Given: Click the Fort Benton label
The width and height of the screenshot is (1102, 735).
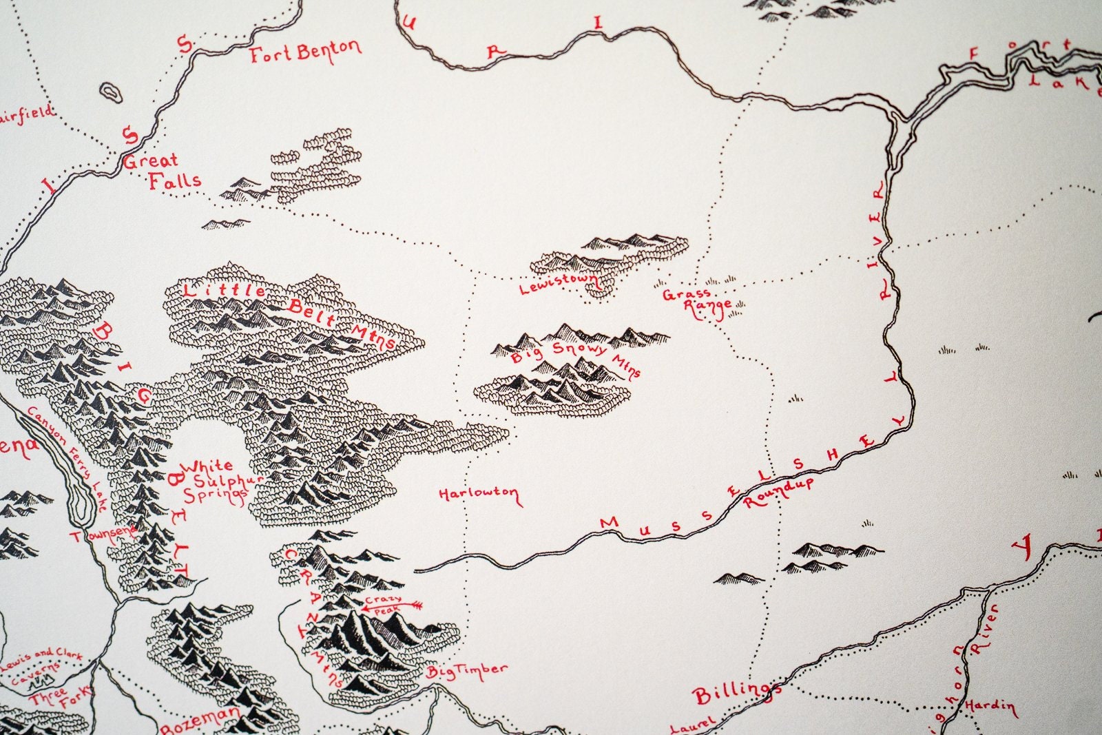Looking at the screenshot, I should pos(305,52).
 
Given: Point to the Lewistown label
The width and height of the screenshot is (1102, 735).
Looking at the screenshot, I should pos(559,282).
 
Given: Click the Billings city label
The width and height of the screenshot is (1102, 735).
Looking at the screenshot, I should pos(736,694).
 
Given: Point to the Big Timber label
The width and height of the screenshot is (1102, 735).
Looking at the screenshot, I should pos(466,670).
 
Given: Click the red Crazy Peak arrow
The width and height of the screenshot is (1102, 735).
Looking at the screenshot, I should pos(406,605).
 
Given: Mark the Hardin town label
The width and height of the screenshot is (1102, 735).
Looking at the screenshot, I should pos(989,706).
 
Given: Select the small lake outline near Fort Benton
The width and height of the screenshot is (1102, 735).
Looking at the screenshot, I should pos(111,92).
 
